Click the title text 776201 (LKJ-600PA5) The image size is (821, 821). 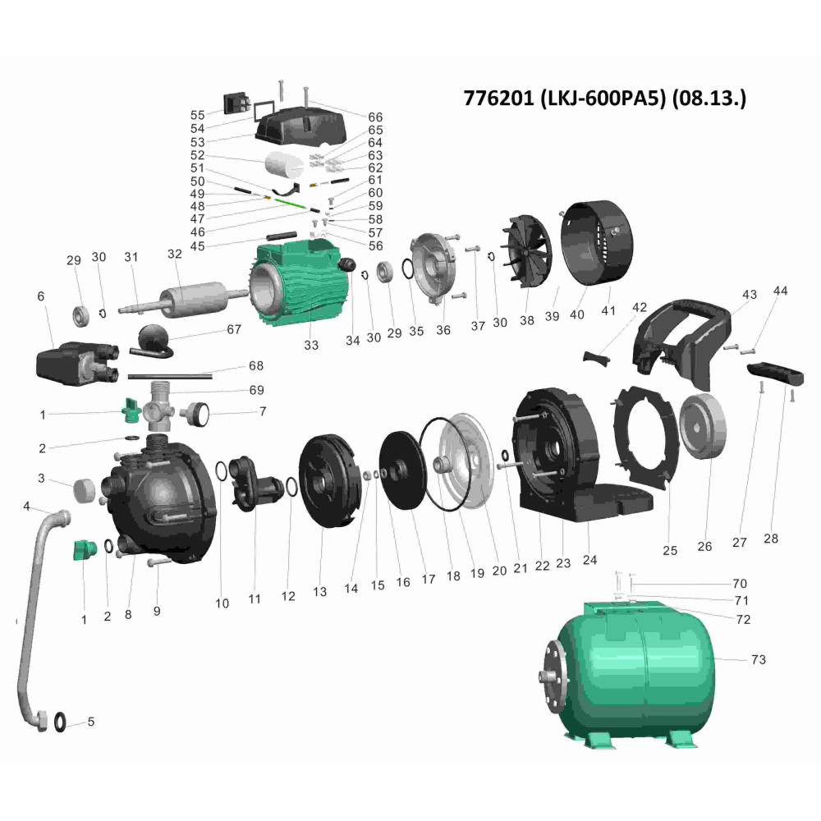[x=565, y=98]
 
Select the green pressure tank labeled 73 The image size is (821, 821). [x=626, y=673]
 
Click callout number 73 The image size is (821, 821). [x=758, y=660]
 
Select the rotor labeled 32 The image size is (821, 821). [x=194, y=300]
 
